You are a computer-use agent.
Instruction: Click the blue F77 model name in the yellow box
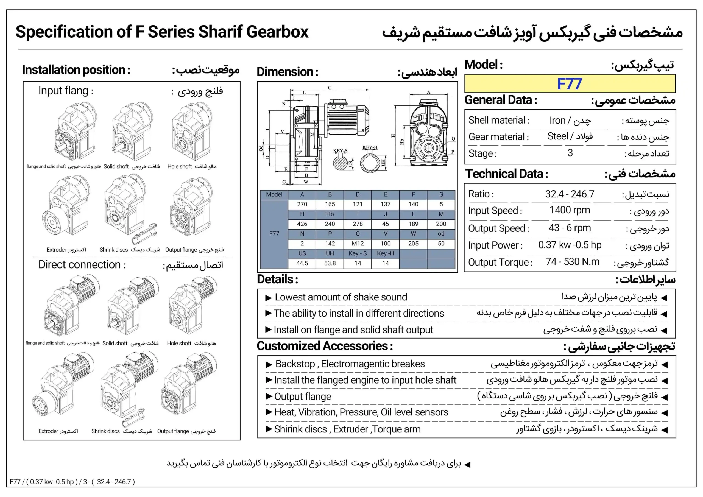569,83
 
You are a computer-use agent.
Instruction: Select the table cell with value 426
302,224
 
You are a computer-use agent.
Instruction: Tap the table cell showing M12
358,244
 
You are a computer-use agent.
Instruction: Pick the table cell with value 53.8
330,263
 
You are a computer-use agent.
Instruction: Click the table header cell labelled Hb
330,214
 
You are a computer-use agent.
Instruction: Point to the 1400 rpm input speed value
570,210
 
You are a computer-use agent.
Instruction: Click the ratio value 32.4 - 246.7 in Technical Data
570,194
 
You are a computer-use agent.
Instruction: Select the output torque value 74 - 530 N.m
572,262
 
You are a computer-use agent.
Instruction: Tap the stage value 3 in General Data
570,153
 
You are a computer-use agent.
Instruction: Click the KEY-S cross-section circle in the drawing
340,162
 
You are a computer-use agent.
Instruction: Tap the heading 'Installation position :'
76,70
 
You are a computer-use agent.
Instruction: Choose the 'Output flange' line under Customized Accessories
303,397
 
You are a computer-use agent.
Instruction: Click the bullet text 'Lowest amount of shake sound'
341,297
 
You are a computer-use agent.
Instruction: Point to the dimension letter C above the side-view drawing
330,88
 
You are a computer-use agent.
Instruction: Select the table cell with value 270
302,204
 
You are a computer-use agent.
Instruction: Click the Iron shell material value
557,120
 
